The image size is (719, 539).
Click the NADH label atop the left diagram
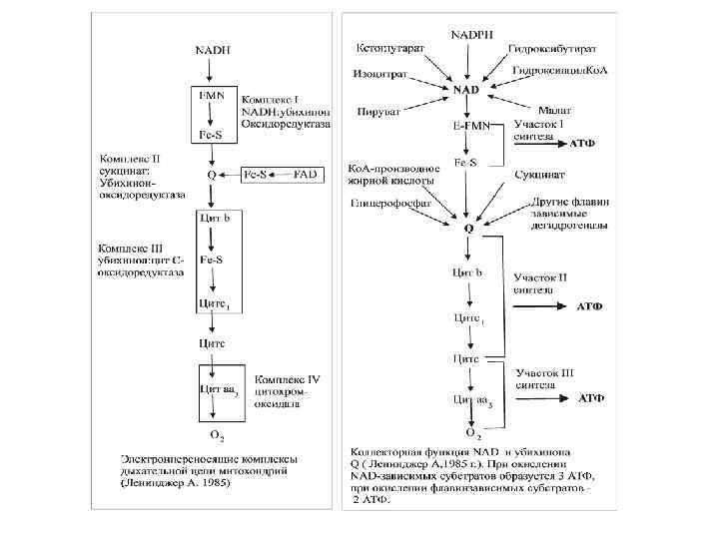click(x=210, y=48)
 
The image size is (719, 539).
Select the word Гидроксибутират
click(x=551, y=48)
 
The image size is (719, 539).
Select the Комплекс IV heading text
click(x=288, y=379)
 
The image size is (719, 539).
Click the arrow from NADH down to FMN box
click(x=210, y=70)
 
